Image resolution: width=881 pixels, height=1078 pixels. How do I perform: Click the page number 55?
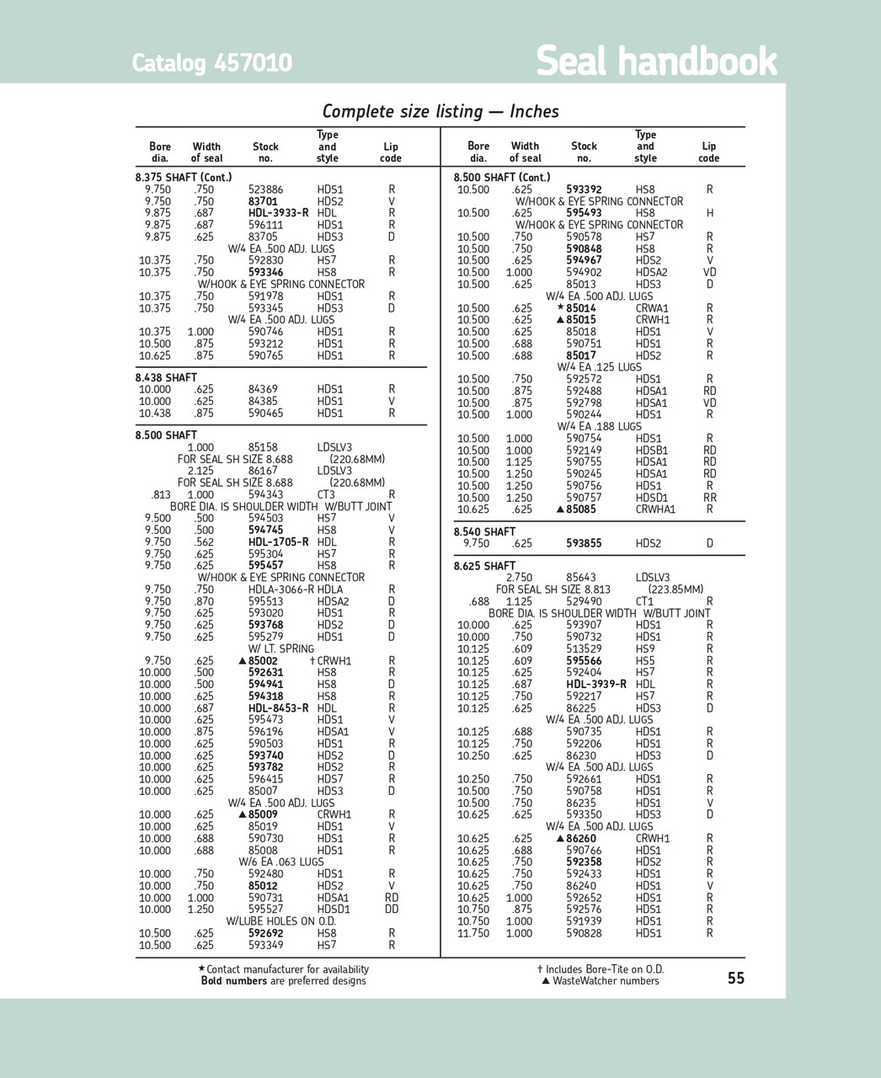pyautogui.click(x=736, y=978)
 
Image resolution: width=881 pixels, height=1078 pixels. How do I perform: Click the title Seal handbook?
pyautogui.click(x=656, y=61)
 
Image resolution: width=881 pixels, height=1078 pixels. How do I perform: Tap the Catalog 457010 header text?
pyautogui.click(x=212, y=63)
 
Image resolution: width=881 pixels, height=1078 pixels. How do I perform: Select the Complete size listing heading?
pyautogui.click(x=440, y=111)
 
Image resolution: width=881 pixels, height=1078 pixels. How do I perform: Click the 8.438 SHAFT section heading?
pyautogui.click(x=166, y=378)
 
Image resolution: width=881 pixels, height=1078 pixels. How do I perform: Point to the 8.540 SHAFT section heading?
pyautogui.click(x=484, y=532)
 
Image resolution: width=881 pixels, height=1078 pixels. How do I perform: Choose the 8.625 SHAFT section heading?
pyautogui.click(x=484, y=566)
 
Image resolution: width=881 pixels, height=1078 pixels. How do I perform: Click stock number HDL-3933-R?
pyautogui.click(x=278, y=213)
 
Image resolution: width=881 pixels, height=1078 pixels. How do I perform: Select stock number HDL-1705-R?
pyautogui.click(x=278, y=542)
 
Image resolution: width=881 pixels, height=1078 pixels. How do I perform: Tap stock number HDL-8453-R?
pyautogui.click(x=278, y=708)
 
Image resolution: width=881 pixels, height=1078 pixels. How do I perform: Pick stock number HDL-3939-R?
pyautogui.click(x=596, y=685)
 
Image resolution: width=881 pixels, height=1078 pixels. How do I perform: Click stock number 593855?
pyautogui.click(x=584, y=544)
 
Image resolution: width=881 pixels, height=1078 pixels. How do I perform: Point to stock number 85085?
pyautogui.click(x=580, y=510)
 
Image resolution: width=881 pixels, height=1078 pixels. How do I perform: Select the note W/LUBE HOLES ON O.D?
pyautogui.click(x=280, y=921)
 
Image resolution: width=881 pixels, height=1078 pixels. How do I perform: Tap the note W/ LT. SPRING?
pyautogui.click(x=280, y=648)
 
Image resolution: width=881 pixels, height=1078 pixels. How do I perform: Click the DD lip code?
pyautogui.click(x=392, y=910)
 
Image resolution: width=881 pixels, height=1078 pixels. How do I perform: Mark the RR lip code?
pyautogui.click(x=710, y=498)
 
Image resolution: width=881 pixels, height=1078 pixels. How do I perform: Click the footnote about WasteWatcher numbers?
pyautogui.click(x=604, y=981)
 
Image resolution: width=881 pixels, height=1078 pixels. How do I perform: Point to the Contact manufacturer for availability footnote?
pyautogui.click(x=285, y=969)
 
